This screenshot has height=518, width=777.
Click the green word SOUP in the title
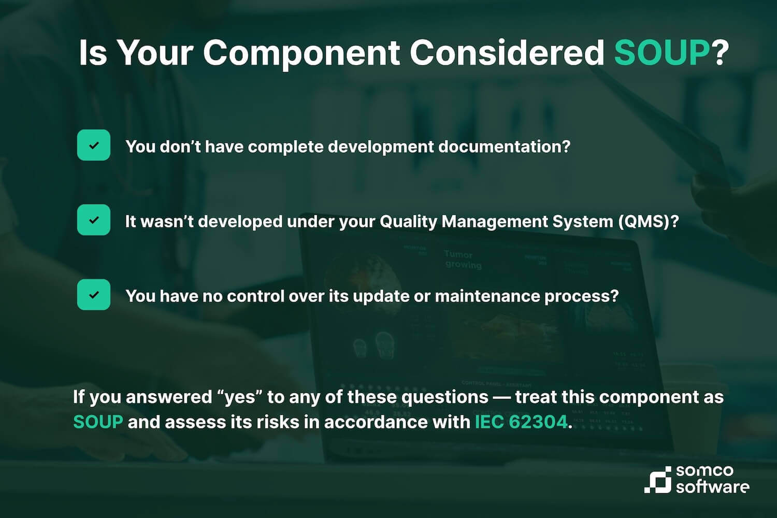pos(661,52)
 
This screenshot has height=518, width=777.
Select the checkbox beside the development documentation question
pos(94,145)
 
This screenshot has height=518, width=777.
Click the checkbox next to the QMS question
pos(94,220)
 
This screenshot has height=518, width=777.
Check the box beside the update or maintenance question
pos(94,294)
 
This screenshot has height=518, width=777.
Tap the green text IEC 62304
pos(521,422)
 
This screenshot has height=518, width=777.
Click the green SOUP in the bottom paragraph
pos(98,422)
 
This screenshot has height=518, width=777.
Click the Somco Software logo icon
pos(658,480)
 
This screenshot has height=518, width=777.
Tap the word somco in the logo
pos(704,471)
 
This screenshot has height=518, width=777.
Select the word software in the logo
pos(712,487)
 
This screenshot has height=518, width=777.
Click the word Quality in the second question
pos(408,222)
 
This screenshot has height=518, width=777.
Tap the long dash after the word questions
pos(501,397)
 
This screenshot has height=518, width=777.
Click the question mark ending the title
pos(720,52)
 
